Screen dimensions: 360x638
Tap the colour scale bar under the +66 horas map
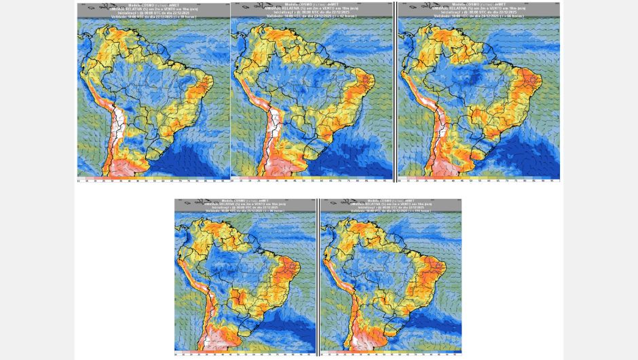(479, 180)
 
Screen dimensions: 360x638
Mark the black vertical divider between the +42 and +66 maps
(395, 92)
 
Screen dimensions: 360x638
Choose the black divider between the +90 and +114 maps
(318, 275)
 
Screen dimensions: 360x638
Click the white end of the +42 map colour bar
(234, 180)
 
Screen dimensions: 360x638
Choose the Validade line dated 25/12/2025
(245, 212)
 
